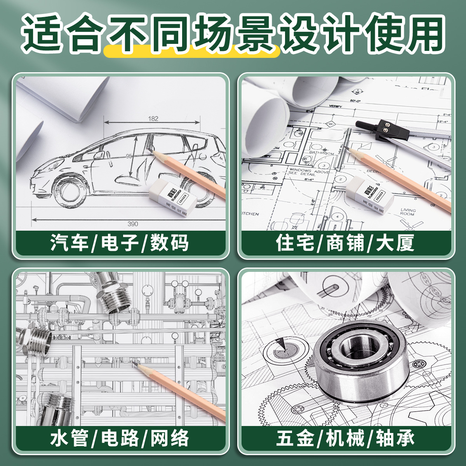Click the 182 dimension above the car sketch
tap(153, 118)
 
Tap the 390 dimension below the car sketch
tap(133, 224)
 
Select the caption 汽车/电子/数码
tap(120, 243)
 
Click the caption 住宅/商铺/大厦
tap(345, 243)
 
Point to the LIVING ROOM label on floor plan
tap(408, 212)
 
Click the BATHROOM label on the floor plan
tap(322, 153)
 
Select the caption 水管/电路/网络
tap(120, 438)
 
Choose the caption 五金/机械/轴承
tap(345, 438)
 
